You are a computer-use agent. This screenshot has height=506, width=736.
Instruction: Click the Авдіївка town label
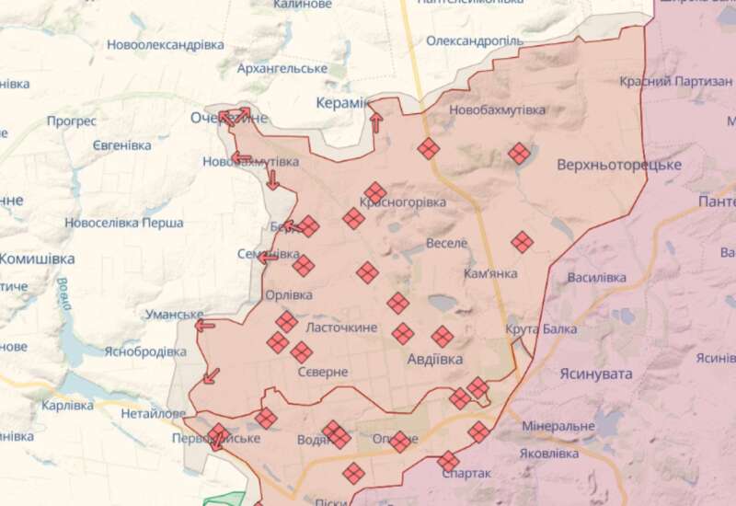pos(434,360)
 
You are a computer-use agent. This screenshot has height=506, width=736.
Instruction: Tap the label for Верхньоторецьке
pos(618,165)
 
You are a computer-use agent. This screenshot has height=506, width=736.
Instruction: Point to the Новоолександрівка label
pos(165,44)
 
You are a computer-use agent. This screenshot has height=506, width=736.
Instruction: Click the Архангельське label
pos(282,69)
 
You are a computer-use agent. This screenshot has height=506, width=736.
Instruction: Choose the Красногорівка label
pos(403,201)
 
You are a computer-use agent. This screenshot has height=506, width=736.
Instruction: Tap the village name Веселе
pos(447,243)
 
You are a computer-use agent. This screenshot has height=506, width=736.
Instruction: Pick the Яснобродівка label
pos(145,351)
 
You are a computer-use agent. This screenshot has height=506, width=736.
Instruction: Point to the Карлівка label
pos(67,405)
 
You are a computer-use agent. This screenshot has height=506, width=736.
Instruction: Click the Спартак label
pos(466,473)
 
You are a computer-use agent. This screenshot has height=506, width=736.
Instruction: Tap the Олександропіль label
pos(475,41)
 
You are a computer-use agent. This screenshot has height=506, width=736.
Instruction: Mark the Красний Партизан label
pos(669,82)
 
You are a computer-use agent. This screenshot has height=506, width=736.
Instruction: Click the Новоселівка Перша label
pos(124,223)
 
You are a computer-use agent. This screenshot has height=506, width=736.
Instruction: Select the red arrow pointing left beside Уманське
pos(204,324)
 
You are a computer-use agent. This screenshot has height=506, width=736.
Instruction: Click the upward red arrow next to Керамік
pos(375,121)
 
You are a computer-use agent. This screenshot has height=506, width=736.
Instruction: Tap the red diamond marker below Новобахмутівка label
pos(519,154)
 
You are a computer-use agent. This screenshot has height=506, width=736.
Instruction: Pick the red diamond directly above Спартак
pos(448,460)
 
